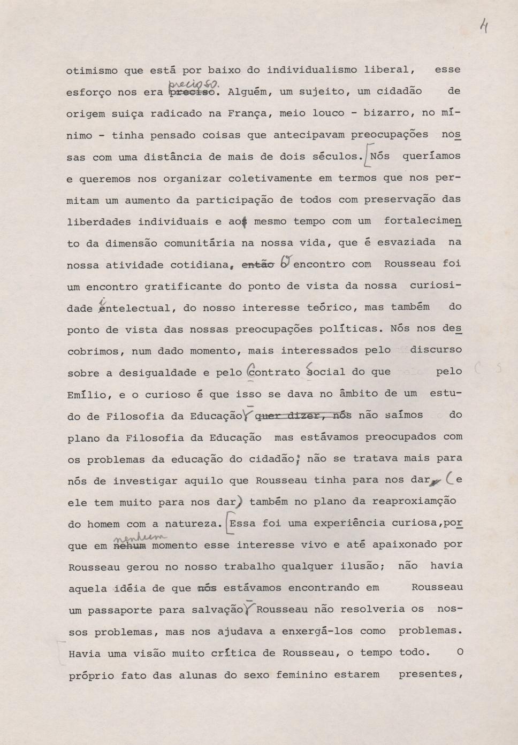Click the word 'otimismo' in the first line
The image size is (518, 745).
coord(92,70)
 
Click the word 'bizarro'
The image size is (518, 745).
coord(387,113)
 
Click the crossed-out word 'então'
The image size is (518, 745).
coord(258,264)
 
